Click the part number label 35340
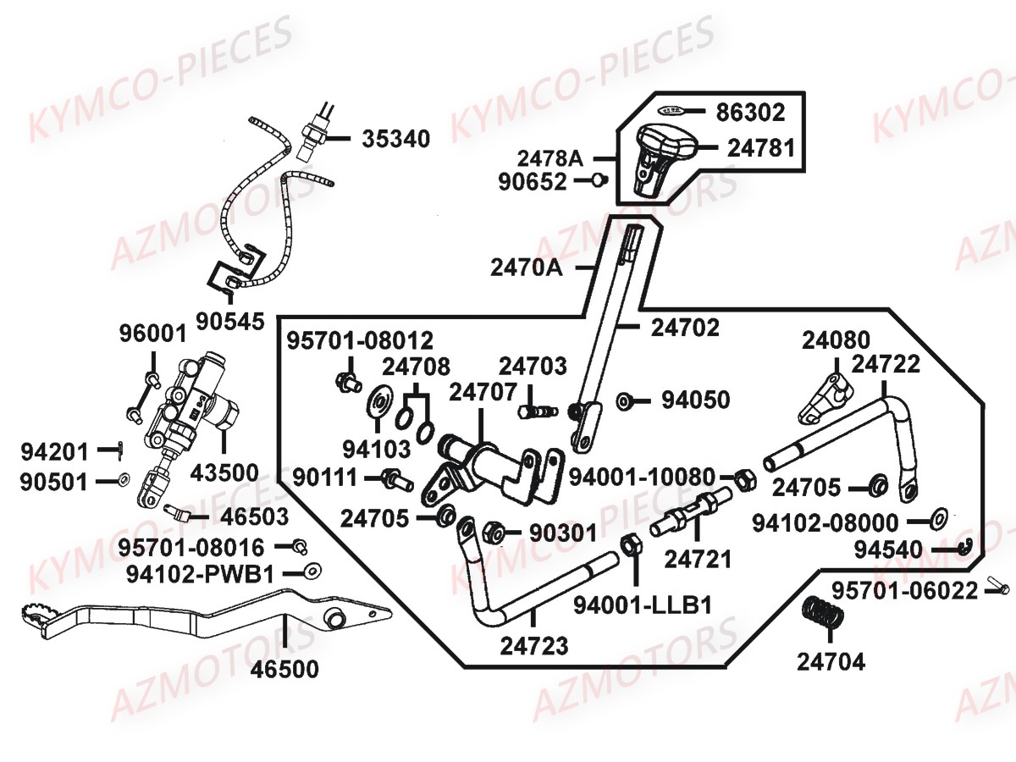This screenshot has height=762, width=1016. pyautogui.click(x=396, y=138)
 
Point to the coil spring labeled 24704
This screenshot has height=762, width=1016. pyautogui.click(x=820, y=612)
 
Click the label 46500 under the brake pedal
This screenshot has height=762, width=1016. pyautogui.click(x=285, y=670)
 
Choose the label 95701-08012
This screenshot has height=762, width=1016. pyautogui.click(x=359, y=341)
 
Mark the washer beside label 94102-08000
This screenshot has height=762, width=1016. pyautogui.click(x=938, y=516)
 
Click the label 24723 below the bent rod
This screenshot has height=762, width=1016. pyautogui.click(x=534, y=646)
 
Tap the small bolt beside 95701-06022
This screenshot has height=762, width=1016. pyautogui.click(x=996, y=585)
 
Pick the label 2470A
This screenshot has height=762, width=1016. pyautogui.click(x=526, y=268)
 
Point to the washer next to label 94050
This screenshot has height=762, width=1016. pyautogui.click(x=625, y=400)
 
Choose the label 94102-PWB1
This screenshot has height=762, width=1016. pyautogui.click(x=201, y=574)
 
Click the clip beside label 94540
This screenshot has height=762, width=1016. pyautogui.click(x=968, y=547)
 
